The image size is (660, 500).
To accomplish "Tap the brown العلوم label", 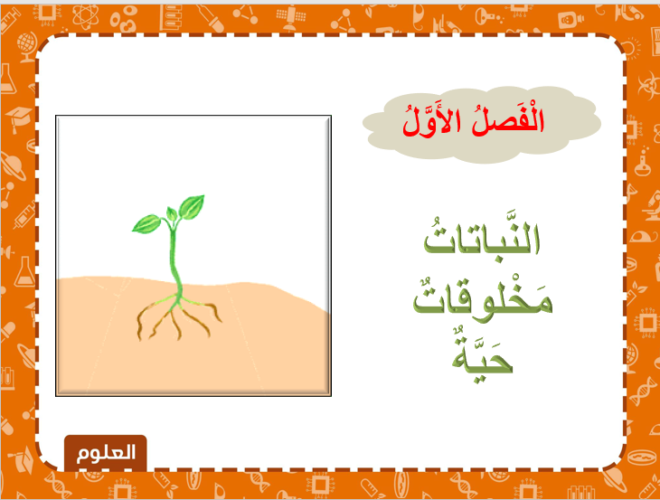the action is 106,453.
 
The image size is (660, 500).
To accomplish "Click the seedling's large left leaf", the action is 146,223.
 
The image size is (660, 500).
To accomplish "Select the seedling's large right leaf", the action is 192,207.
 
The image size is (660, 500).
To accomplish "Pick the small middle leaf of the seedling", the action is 172,213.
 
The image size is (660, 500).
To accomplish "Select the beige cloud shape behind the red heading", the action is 482,125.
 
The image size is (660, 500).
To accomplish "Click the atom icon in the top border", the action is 86,17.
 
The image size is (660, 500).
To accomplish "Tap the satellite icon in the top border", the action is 290,18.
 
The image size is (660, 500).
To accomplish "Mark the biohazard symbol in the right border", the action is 647,85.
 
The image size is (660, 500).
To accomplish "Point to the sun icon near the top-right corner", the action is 630,49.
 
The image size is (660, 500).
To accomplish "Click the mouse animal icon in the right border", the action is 643,236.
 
